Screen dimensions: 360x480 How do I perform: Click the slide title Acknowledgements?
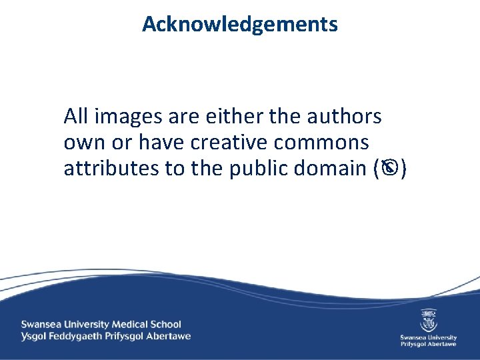pos(240,25)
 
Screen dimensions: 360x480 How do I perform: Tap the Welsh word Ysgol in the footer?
pos(34,336)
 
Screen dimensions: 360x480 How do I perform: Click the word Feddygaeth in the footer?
pos(78,336)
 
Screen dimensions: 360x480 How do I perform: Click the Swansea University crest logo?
pos(429,319)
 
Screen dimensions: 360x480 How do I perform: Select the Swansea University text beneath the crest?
pos(429,337)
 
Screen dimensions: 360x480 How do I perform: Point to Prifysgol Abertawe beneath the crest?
pos(429,345)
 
